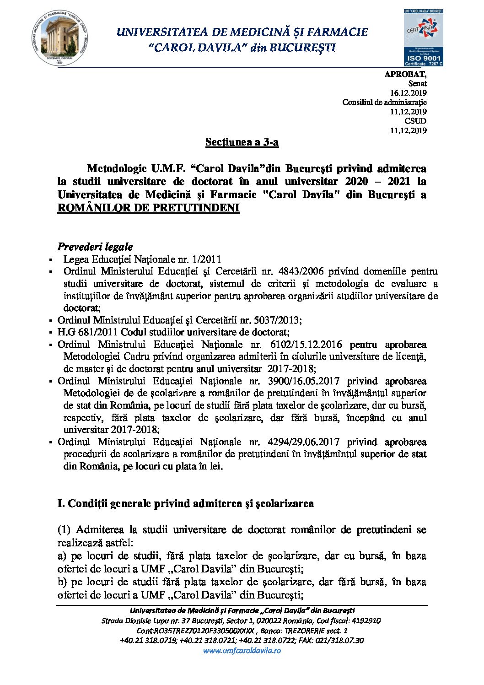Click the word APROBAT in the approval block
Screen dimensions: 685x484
click(x=405, y=74)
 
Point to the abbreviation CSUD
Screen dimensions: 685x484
click(x=415, y=121)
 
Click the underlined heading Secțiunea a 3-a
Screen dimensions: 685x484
click(x=242, y=142)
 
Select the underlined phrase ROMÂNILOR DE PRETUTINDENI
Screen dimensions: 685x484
click(x=149, y=208)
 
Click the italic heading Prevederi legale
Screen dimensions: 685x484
click(x=95, y=247)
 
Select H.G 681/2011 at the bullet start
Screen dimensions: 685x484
click(x=83, y=332)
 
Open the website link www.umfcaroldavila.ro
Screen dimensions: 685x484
click(x=242, y=650)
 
